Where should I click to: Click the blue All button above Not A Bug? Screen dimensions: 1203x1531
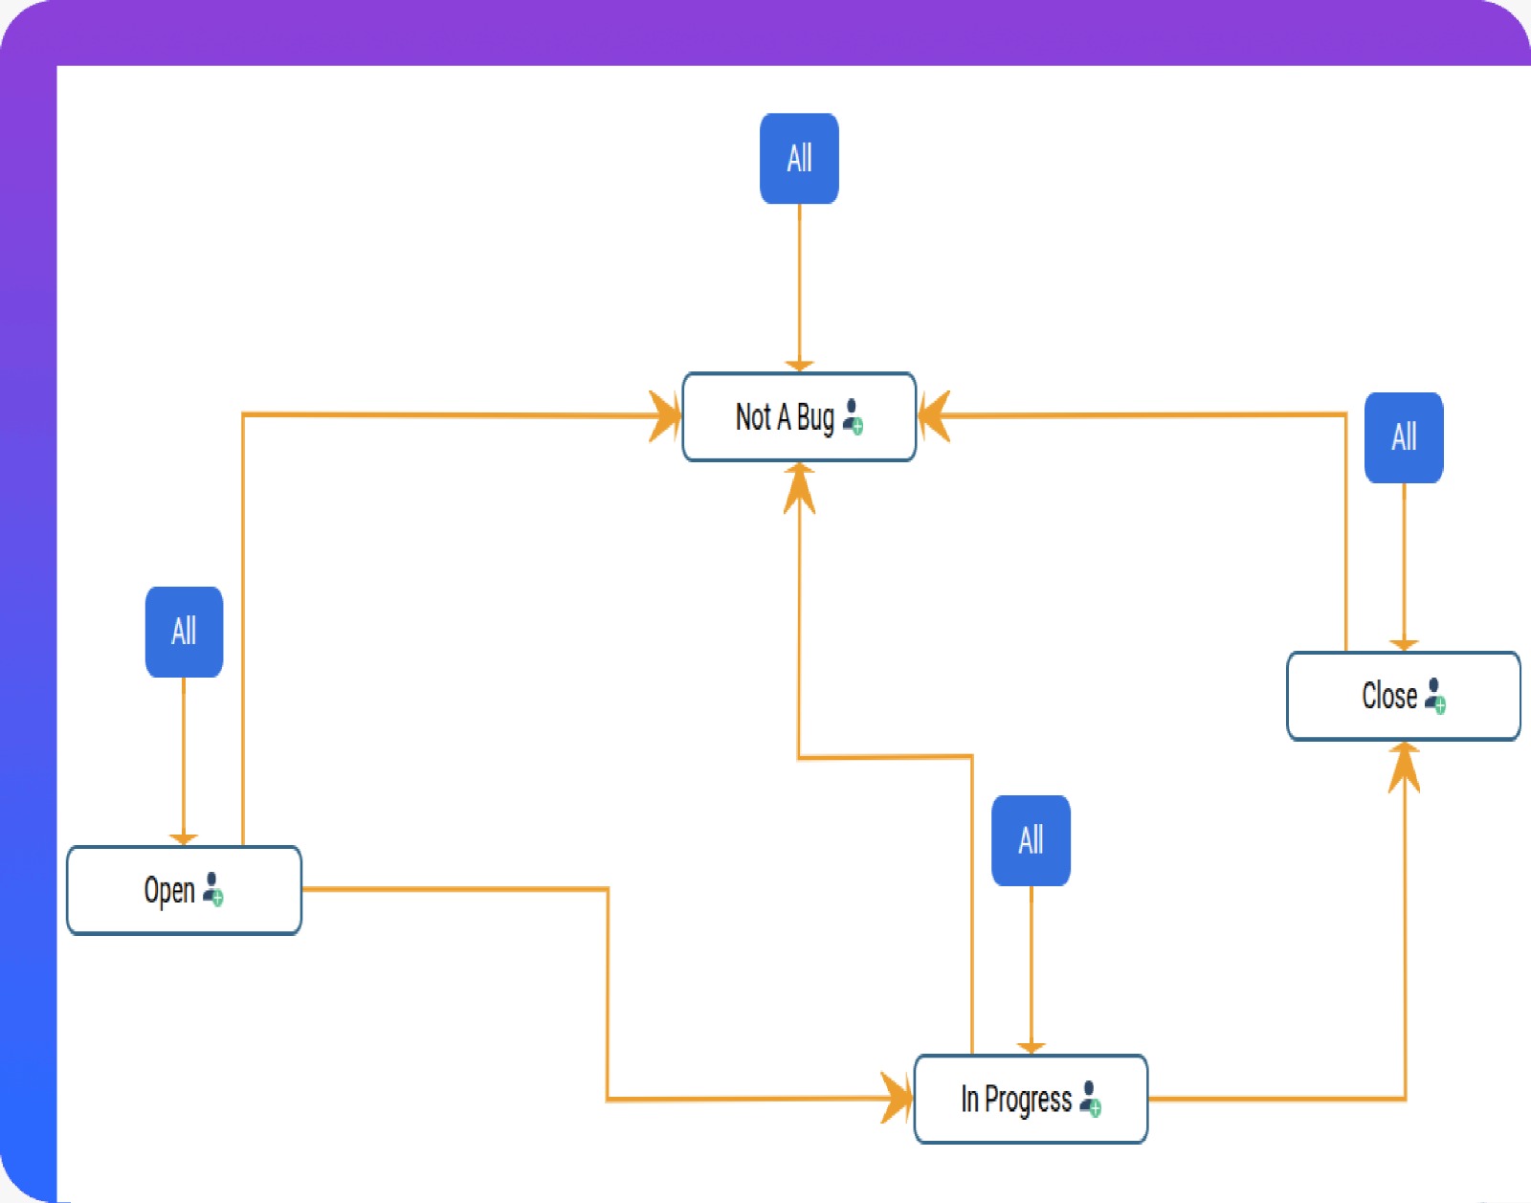799,159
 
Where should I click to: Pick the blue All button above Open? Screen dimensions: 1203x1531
184,632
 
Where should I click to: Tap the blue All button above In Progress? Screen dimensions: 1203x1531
1031,840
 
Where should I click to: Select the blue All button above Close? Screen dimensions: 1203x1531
1403,437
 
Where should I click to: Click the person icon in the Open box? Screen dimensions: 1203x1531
213,888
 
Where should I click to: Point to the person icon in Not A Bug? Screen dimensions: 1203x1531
854,417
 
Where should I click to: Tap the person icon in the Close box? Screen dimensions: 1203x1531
1434,695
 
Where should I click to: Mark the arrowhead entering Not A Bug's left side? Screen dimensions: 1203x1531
666,416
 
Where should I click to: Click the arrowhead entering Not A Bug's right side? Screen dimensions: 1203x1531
933,416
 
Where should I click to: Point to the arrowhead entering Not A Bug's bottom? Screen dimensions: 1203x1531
799,485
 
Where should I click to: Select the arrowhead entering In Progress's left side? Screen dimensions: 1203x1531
898,1098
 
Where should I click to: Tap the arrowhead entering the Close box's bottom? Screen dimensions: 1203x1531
1404,766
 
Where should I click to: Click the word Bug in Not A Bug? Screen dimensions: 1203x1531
815,418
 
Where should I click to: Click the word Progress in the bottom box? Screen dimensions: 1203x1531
1028,1100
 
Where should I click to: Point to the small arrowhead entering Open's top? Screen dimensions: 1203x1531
184,839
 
